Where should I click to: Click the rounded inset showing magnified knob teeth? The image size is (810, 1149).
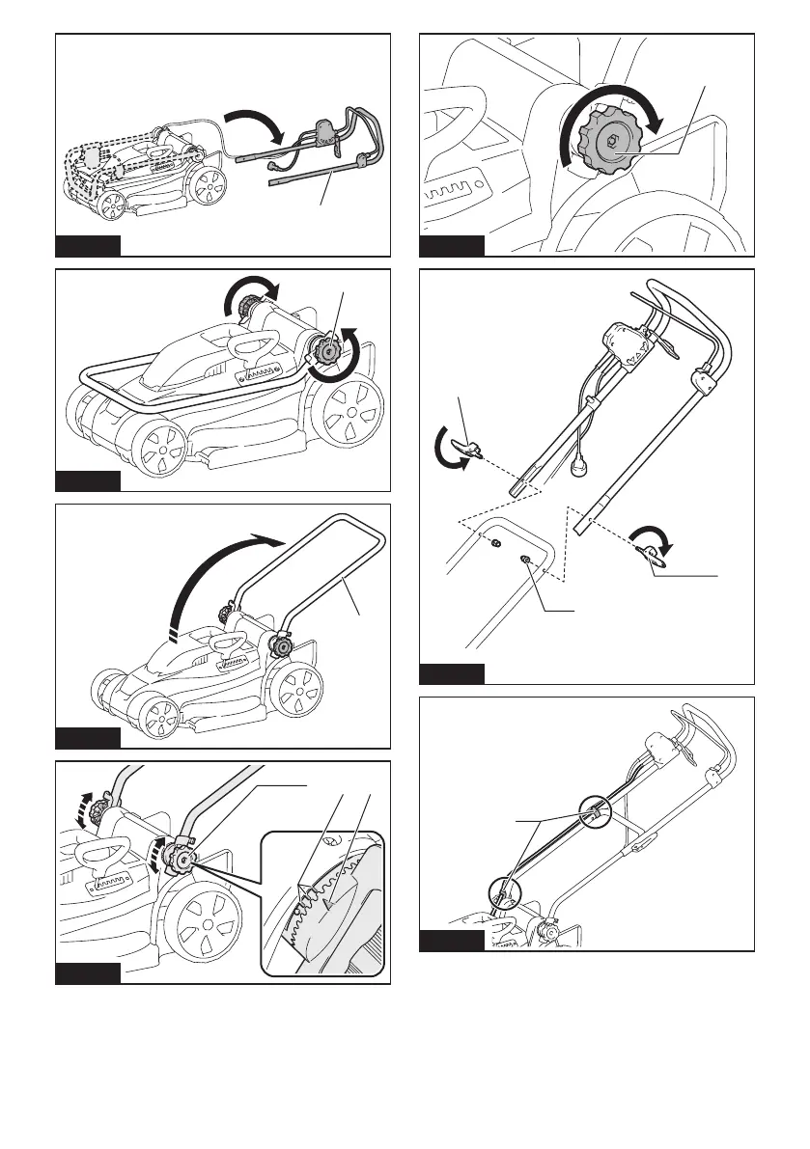[x=324, y=902]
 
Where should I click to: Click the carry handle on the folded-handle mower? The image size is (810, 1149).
[x=255, y=346]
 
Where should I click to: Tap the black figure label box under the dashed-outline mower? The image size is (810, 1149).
[x=88, y=245]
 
